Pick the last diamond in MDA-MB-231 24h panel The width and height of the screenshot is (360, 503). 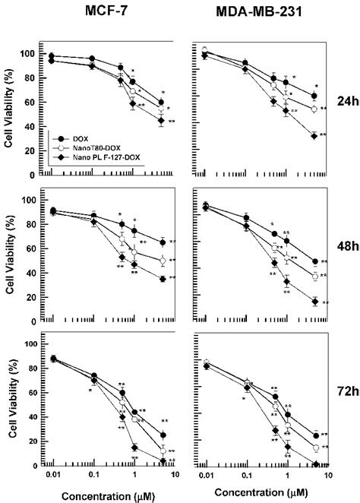pyautogui.click(x=314, y=136)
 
